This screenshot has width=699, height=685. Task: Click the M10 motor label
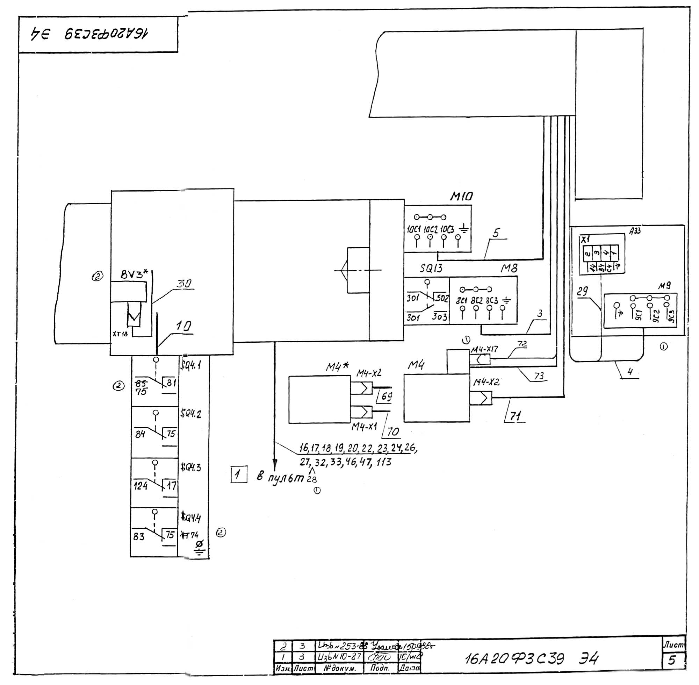461,197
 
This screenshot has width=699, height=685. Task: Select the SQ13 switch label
431,269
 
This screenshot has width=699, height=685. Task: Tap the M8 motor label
509,269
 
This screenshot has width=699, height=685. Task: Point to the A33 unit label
635,231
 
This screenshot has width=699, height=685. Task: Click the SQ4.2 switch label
190,414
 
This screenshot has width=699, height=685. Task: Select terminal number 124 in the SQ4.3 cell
140,486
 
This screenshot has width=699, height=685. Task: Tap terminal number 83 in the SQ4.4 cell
139,537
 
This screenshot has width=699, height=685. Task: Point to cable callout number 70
392,432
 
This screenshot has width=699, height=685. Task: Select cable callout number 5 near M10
496,233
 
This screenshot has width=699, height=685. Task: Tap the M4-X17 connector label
484,349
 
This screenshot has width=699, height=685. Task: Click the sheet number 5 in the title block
672,660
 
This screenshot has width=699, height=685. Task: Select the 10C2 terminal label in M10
430,229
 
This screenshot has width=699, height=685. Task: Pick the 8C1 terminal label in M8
461,300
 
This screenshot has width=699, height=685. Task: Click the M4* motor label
337,366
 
